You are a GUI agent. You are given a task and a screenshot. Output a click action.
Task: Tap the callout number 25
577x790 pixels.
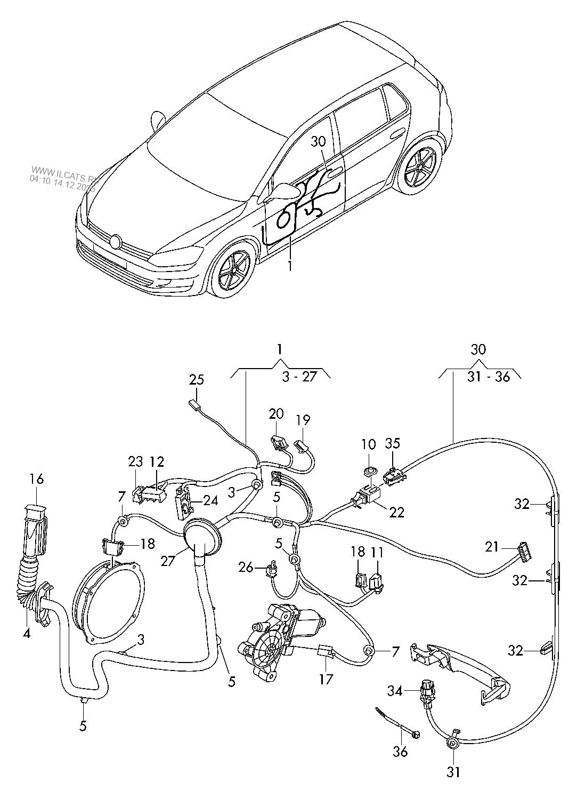coord(197,380)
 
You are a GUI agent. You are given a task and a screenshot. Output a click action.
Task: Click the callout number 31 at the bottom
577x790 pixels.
coord(452,771)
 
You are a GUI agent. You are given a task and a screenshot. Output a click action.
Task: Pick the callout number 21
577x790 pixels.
coord(492,546)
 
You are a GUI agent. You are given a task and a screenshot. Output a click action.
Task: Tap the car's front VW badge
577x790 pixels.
coord(116,241)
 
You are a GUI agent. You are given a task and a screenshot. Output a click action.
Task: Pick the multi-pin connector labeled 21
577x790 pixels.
coord(523,548)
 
